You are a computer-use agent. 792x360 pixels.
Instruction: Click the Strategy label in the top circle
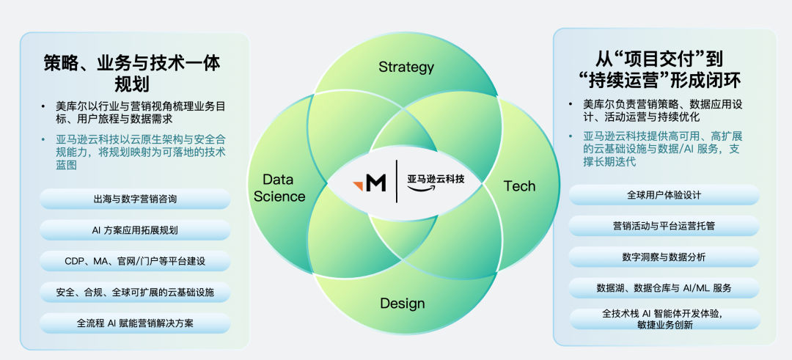[406, 67]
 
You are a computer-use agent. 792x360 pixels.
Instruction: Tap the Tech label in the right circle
[519, 185]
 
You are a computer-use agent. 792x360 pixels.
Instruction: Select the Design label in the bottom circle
[402, 304]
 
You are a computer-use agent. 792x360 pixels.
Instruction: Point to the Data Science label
[279, 188]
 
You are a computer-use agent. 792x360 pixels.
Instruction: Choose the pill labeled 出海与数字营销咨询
[135, 199]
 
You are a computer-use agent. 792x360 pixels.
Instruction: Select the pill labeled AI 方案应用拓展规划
[135, 230]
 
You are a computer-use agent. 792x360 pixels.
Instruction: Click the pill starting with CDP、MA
[135, 261]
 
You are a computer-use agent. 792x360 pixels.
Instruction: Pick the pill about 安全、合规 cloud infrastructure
[135, 292]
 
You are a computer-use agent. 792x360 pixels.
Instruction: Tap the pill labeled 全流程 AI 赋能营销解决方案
[135, 323]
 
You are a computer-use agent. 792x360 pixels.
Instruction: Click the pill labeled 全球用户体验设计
[664, 195]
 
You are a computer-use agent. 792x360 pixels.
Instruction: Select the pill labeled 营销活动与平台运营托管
[664, 226]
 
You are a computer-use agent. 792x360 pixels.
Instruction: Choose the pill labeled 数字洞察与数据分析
[664, 257]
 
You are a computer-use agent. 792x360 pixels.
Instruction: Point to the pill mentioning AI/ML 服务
[664, 288]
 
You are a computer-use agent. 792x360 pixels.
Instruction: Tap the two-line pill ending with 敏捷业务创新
[664, 319]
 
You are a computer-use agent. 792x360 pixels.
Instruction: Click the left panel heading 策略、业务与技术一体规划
[132, 73]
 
